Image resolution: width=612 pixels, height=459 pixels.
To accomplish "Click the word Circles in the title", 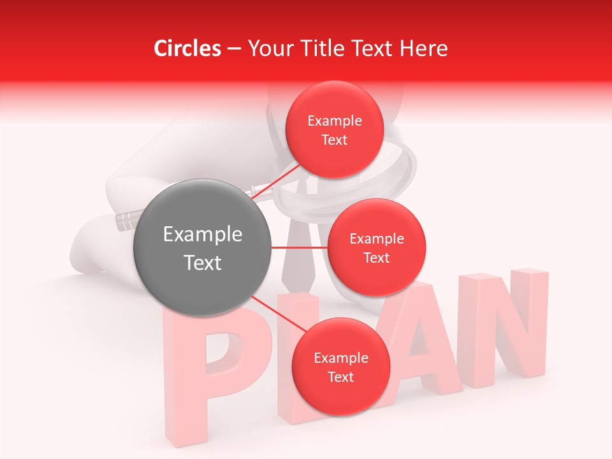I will [187, 48].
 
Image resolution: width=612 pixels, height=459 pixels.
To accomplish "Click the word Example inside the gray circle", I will [202, 235].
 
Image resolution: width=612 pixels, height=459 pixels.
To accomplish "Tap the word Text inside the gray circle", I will [202, 263].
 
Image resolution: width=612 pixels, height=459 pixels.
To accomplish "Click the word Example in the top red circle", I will [334, 120].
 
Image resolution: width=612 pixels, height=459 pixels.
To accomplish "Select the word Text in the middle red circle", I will [376, 258].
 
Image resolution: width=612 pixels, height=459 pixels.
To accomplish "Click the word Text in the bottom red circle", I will [340, 377].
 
